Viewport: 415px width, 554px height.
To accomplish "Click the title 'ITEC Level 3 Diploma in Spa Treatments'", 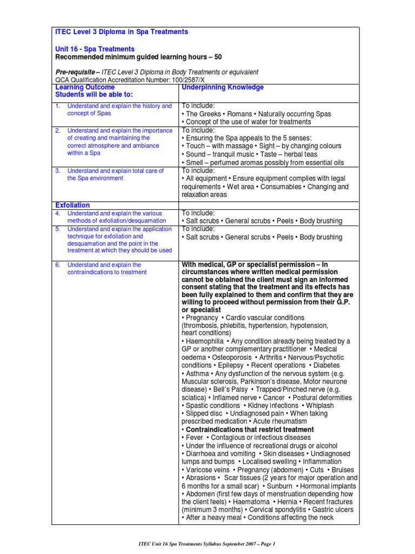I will (x=122, y=32).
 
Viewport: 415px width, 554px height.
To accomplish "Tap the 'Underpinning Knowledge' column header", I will (x=223, y=87).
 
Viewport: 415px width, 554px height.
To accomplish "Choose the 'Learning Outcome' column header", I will (x=85, y=87).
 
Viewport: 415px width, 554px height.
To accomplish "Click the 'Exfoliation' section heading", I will (x=73, y=205).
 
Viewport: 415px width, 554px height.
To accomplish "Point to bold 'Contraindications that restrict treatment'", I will (x=250, y=430).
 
